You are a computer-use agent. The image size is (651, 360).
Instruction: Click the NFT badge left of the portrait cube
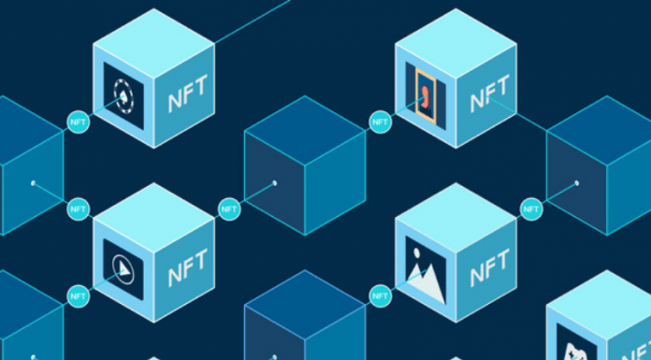click(x=380, y=122)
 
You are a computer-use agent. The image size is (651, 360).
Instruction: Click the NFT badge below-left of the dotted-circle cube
click(x=78, y=122)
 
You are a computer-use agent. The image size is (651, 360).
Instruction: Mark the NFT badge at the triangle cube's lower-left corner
click(x=78, y=296)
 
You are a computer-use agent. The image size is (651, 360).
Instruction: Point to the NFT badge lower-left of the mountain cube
click(x=380, y=296)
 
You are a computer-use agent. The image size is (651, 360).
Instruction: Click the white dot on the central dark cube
click(x=274, y=183)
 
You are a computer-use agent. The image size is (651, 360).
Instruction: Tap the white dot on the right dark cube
click(x=576, y=183)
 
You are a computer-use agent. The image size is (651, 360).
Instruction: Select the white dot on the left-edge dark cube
click(x=33, y=183)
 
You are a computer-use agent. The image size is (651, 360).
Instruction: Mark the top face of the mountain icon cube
click(x=456, y=213)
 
